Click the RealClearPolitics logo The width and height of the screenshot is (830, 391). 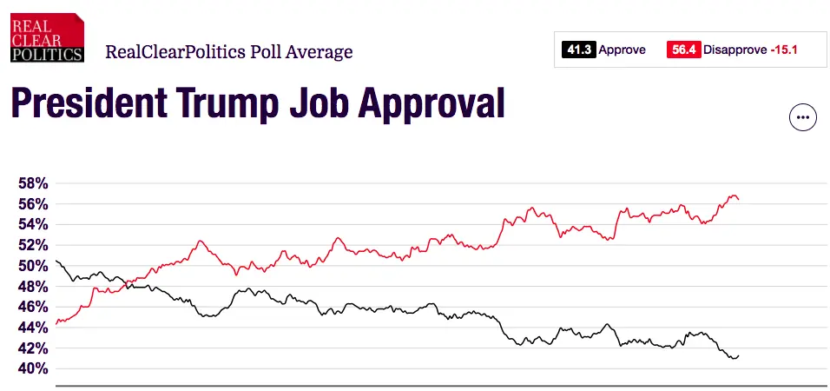point(48,38)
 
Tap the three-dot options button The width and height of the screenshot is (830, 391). point(803,117)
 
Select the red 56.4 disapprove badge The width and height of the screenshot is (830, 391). point(683,50)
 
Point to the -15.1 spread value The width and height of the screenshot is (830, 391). point(784,50)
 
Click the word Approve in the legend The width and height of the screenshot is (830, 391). point(622,50)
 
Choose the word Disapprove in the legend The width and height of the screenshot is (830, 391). point(734,50)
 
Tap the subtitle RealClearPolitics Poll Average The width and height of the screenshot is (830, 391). point(229,51)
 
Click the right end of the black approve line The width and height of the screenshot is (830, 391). point(738,355)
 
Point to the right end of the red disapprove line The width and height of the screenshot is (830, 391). point(738,199)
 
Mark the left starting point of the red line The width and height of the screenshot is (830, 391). point(56,323)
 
